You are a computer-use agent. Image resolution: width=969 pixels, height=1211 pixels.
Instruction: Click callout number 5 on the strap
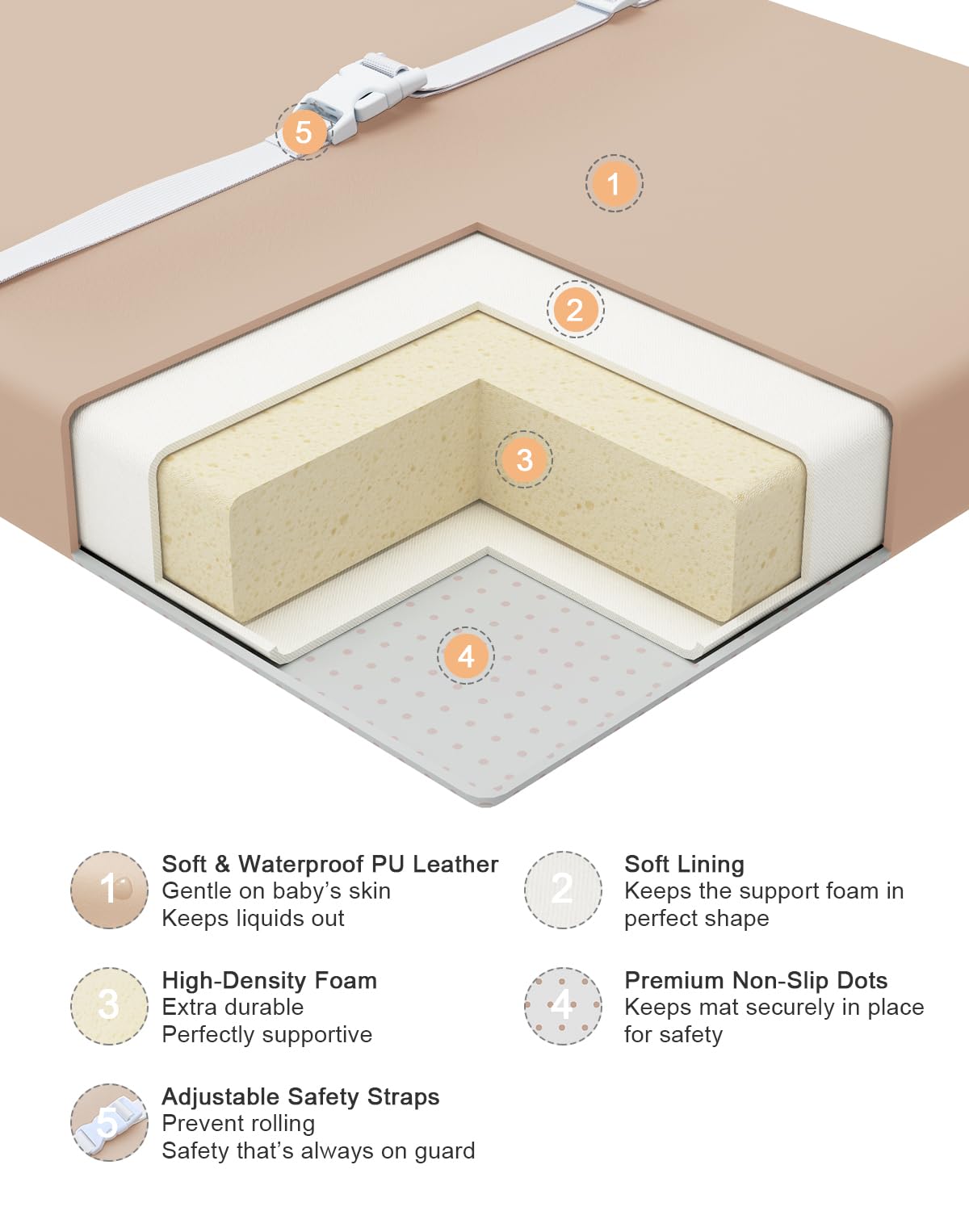[x=304, y=132]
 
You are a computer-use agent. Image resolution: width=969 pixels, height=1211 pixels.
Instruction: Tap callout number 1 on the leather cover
[x=614, y=183]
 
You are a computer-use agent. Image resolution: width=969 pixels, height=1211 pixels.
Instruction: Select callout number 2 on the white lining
[x=575, y=309]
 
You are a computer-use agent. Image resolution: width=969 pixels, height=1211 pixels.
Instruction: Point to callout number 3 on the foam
[x=523, y=459]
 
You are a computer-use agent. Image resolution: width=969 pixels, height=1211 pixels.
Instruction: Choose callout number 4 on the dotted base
[x=466, y=656]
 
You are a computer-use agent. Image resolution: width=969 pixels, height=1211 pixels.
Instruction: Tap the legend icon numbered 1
[x=109, y=890]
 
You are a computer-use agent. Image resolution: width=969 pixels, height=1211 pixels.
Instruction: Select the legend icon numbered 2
[x=563, y=890]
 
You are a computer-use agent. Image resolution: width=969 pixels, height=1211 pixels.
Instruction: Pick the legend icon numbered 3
[x=109, y=1006]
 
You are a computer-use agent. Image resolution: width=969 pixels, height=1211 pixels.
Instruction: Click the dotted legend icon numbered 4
[x=563, y=1006]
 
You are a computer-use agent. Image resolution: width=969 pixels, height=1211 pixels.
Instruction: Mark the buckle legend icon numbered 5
[x=109, y=1123]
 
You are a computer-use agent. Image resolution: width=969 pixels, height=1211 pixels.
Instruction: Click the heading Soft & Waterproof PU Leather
[x=330, y=864]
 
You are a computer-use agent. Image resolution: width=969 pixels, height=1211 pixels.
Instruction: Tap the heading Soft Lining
[x=684, y=865]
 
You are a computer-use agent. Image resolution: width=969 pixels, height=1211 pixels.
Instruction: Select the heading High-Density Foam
[x=269, y=981]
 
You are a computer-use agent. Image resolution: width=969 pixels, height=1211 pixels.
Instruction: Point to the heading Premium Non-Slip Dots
[x=756, y=980]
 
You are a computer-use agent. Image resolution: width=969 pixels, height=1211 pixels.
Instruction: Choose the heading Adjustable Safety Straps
[x=300, y=1097]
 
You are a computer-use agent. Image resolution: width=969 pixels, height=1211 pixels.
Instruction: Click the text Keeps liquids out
[x=253, y=919]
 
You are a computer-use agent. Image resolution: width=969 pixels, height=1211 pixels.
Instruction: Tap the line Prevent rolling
[x=238, y=1124]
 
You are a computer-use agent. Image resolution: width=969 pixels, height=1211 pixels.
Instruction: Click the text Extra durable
[x=233, y=1008]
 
